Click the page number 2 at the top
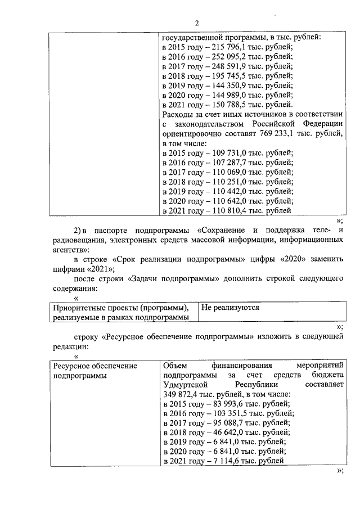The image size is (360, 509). click(197, 23)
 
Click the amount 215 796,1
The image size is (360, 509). click(230, 47)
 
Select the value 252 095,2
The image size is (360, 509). click(230, 57)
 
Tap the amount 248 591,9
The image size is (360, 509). click(230, 66)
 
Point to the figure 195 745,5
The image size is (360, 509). click(230, 76)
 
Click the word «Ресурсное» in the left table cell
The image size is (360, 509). click(70, 366)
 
